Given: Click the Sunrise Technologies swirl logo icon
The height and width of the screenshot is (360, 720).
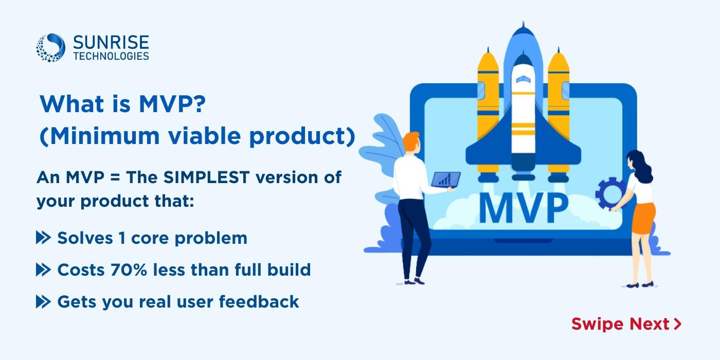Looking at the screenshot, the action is pos(50,47).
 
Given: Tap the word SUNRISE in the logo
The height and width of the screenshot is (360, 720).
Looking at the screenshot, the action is pos(111,42).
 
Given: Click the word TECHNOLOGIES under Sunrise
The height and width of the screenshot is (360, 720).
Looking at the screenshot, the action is pos(111,56).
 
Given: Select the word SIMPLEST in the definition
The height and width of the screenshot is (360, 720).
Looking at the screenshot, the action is pos(206,177).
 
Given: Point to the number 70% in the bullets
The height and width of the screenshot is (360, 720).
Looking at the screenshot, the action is pos(129,269).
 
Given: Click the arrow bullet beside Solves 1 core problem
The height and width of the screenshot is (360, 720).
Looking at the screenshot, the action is pos(43,238).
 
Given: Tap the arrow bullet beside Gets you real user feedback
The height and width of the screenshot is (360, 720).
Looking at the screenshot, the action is pos(43,301).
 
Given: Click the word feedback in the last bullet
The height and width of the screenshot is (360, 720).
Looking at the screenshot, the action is pos(259,301).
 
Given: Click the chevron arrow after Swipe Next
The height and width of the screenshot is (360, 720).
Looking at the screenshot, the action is pos(678,323).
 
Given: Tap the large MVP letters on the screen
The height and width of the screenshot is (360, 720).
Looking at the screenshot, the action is pos(524,207).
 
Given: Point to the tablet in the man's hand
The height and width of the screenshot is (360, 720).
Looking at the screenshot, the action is pos(445,180).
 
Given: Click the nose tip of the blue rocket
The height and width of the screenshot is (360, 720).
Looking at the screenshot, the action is pos(524,23).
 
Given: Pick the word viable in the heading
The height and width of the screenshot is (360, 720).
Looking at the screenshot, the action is pos(205,136).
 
